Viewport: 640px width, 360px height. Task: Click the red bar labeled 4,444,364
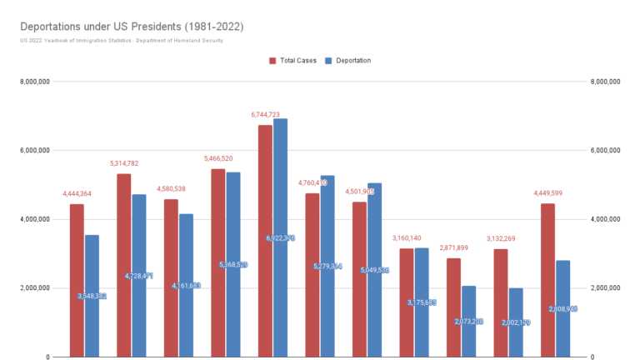click(77, 280)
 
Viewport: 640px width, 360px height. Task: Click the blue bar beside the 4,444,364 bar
click(92, 296)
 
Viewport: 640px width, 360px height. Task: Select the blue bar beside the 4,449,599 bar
click(562, 308)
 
